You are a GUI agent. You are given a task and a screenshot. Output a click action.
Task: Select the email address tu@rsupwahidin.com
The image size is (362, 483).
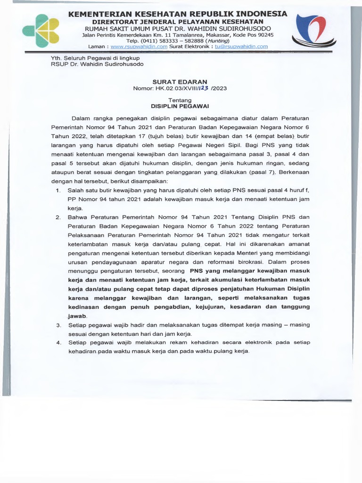241,47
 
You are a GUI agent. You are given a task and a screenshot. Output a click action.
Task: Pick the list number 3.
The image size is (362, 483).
58,325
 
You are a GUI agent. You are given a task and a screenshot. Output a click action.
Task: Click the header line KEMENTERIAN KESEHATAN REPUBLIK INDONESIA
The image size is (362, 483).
178,14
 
